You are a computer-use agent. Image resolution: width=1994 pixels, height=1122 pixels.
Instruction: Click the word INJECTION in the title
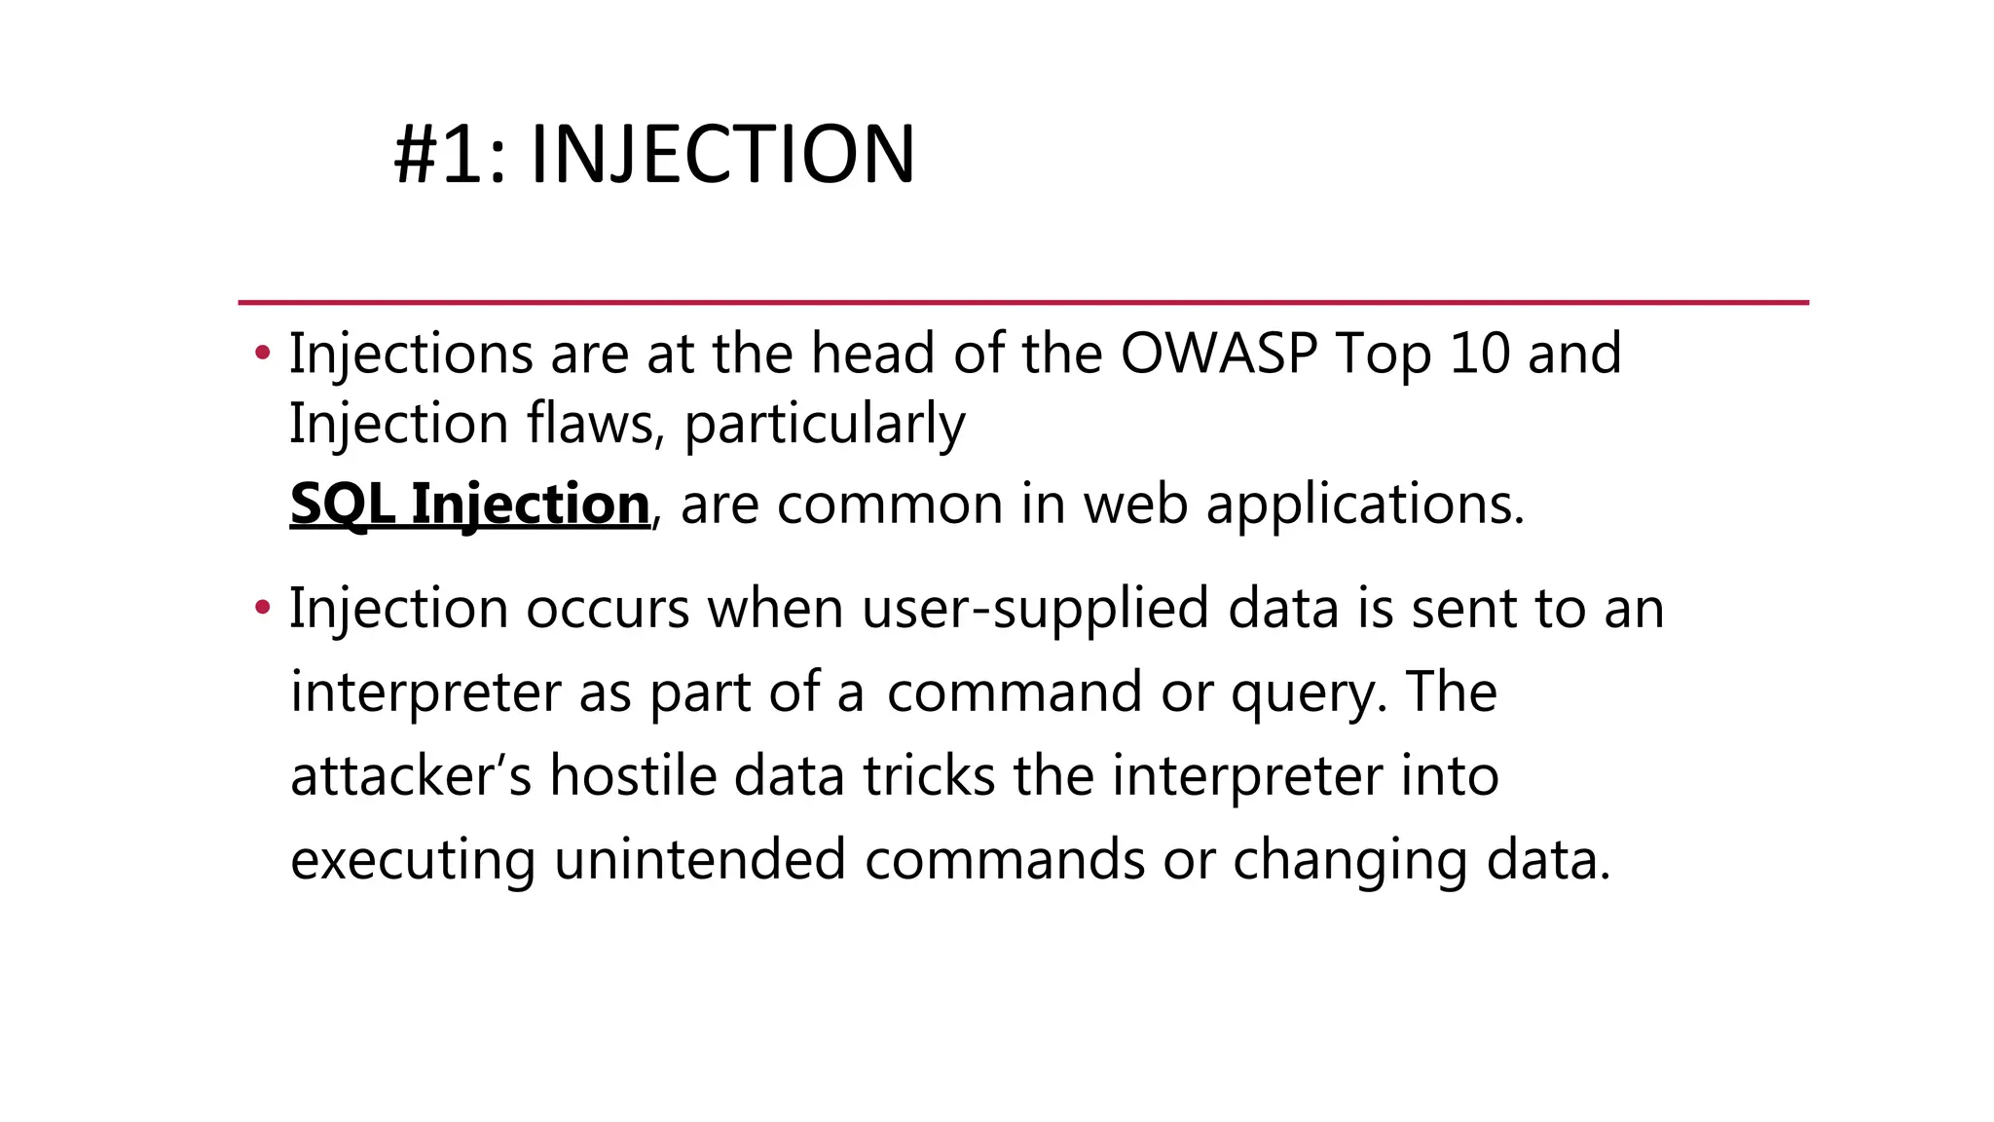pos(722,155)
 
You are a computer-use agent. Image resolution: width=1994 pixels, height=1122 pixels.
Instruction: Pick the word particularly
pos(824,426)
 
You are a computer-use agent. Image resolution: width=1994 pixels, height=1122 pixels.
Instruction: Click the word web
pos(1135,505)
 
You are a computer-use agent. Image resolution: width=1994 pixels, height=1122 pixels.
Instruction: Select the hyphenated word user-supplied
pos(1035,610)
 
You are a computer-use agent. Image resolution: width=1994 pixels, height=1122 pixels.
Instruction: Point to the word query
pos(1309,694)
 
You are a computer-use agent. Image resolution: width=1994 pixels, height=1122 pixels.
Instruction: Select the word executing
pos(412,862)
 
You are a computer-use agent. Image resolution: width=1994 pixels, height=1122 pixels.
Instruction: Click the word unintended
pos(699,860)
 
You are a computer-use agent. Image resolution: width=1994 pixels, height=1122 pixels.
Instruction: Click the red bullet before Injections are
pos(262,354)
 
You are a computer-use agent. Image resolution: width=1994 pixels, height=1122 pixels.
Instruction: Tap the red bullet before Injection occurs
pos(262,609)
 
